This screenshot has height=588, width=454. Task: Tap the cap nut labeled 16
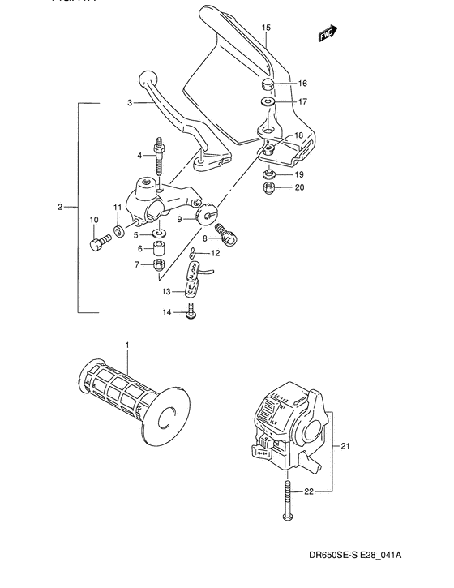click(268, 84)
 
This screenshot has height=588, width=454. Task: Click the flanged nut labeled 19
click(268, 174)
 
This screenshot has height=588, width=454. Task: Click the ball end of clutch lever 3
click(146, 79)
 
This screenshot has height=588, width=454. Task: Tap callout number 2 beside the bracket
click(61, 208)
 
